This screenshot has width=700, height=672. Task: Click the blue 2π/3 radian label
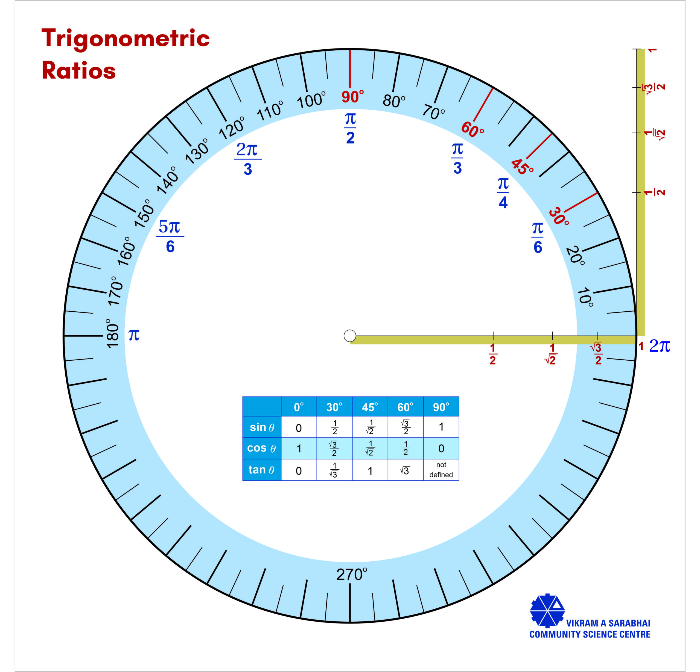(248, 159)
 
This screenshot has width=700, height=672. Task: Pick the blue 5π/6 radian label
(170, 236)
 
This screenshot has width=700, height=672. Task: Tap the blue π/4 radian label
(503, 193)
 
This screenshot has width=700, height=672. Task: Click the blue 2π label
(659, 346)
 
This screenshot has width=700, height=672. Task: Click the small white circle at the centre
(350, 336)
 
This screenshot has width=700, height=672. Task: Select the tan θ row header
(262, 470)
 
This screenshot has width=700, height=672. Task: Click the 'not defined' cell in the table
(441, 470)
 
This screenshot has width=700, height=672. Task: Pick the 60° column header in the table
(405, 407)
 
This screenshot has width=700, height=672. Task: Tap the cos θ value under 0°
(299, 449)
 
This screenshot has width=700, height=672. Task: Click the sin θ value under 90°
(441, 427)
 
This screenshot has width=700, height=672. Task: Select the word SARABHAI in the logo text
(629, 623)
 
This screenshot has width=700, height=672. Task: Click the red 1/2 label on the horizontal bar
(492, 354)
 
